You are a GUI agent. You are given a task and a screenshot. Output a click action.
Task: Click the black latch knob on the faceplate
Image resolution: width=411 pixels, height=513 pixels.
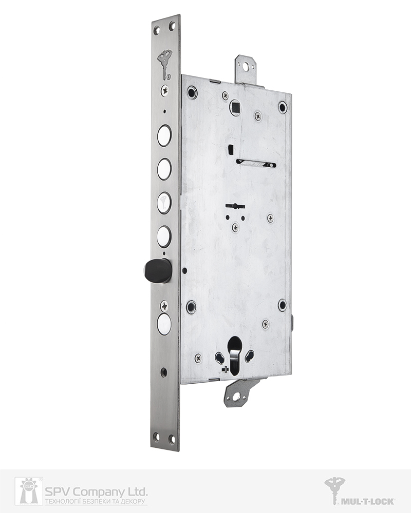(x=157, y=270)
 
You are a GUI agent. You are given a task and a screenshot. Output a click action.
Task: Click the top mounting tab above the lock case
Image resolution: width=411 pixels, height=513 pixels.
(x=246, y=69)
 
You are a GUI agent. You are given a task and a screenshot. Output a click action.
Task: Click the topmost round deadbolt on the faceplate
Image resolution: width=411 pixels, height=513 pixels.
(x=164, y=135)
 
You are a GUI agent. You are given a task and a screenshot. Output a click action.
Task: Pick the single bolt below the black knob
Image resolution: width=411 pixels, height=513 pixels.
(x=164, y=324)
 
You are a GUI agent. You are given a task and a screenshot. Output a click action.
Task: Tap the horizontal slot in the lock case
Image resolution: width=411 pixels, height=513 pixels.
(x=256, y=164)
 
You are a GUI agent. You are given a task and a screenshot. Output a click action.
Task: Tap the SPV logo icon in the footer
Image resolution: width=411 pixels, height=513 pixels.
(x=29, y=491)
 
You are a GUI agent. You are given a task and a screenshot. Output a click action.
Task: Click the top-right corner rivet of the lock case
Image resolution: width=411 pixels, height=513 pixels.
(x=282, y=107)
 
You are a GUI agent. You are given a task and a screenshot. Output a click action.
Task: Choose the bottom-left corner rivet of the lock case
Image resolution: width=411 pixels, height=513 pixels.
(x=191, y=306)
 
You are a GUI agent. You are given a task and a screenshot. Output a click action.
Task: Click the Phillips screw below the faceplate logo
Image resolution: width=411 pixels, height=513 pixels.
(x=164, y=90)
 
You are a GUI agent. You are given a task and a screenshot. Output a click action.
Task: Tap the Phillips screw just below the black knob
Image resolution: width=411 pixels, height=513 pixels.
(x=164, y=306)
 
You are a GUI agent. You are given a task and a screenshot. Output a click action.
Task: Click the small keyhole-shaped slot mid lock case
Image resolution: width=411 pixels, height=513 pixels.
(x=235, y=206)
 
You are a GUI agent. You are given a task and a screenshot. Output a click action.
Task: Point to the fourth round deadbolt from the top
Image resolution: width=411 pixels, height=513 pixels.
(x=164, y=236)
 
